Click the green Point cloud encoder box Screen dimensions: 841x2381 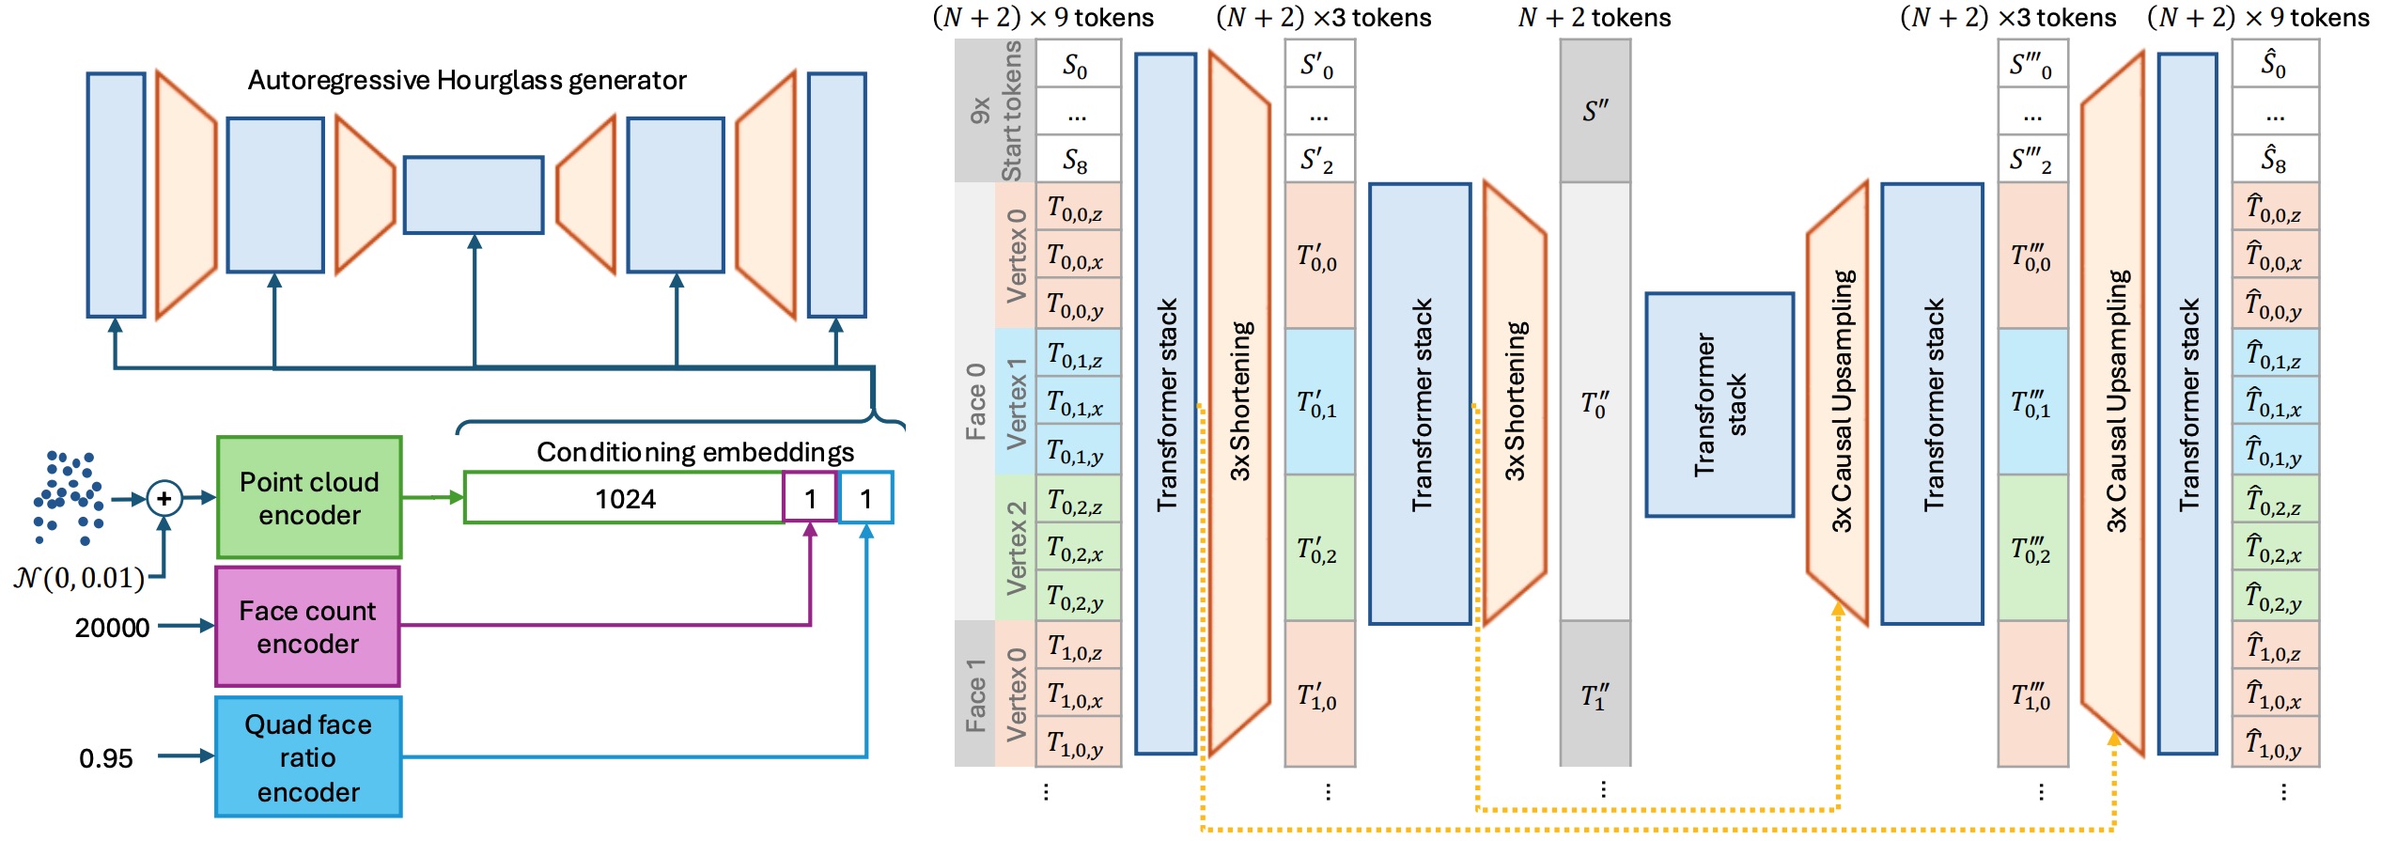click(x=309, y=497)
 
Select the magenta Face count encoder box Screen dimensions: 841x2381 click(x=307, y=626)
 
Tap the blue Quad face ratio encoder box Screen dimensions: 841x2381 click(x=308, y=756)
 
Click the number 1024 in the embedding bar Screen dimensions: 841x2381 click(x=625, y=498)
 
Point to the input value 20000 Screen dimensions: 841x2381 click(x=112, y=627)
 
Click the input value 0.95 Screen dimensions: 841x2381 click(x=105, y=757)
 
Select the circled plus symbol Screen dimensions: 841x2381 click(x=164, y=498)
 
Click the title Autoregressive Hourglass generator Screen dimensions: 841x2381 click(x=467, y=81)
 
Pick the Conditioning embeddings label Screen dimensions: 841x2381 click(x=694, y=452)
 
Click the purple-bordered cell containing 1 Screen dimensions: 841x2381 click(x=810, y=498)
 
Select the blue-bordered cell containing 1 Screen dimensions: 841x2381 click(x=866, y=498)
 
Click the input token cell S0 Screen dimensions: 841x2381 click(x=1077, y=65)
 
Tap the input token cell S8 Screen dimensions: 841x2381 click(x=1077, y=160)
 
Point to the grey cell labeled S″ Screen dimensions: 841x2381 click(x=1595, y=111)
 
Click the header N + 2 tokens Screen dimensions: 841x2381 click(x=1595, y=18)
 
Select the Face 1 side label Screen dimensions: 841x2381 click(x=975, y=694)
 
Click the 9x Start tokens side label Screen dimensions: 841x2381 click(x=996, y=111)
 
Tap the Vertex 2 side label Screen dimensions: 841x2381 click(x=1016, y=548)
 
